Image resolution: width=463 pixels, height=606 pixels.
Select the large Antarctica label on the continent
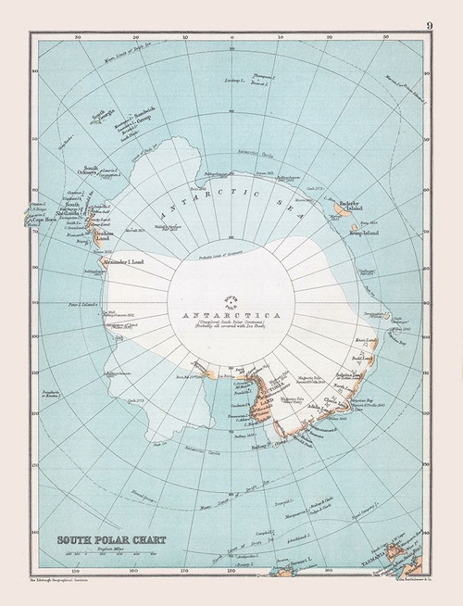(x=229, y=316)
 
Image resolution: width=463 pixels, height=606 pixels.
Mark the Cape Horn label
(x=45, y=221)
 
